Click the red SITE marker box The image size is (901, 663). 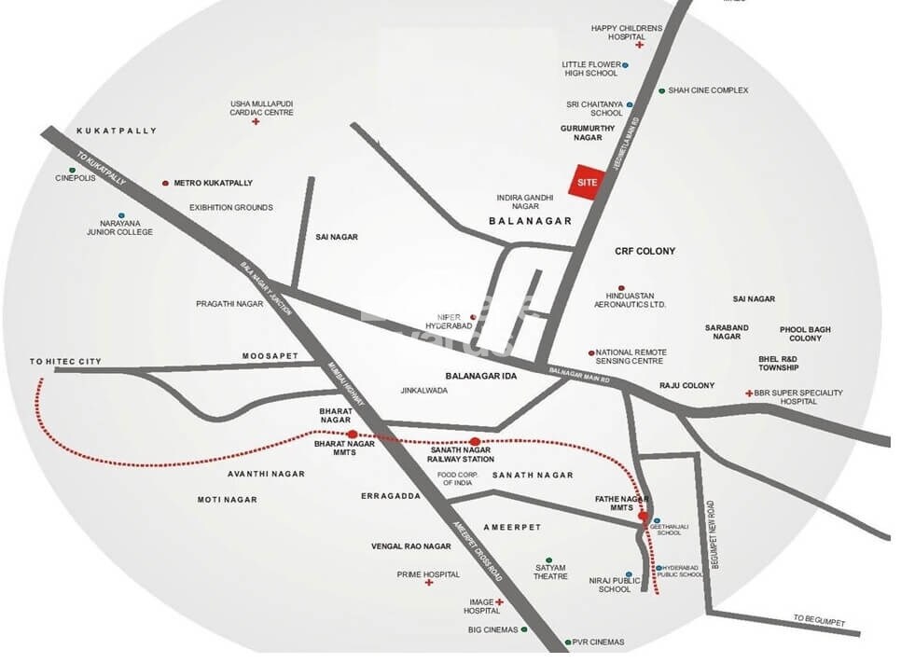586,182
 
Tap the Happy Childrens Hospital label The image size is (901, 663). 630,33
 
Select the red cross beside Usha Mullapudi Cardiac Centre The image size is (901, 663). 255,122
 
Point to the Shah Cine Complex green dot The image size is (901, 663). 661,90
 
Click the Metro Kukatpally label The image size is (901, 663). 214,183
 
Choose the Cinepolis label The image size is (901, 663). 76,178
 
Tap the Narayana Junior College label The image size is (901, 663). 119,228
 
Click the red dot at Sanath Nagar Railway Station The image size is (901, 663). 475,441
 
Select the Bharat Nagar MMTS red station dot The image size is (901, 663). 353,434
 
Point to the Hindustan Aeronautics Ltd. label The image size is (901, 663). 631,299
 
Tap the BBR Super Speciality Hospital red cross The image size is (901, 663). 749,394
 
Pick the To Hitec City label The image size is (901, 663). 65,361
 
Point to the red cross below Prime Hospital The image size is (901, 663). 429,583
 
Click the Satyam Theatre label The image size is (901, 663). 550,572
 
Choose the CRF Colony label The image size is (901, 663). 645,252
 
